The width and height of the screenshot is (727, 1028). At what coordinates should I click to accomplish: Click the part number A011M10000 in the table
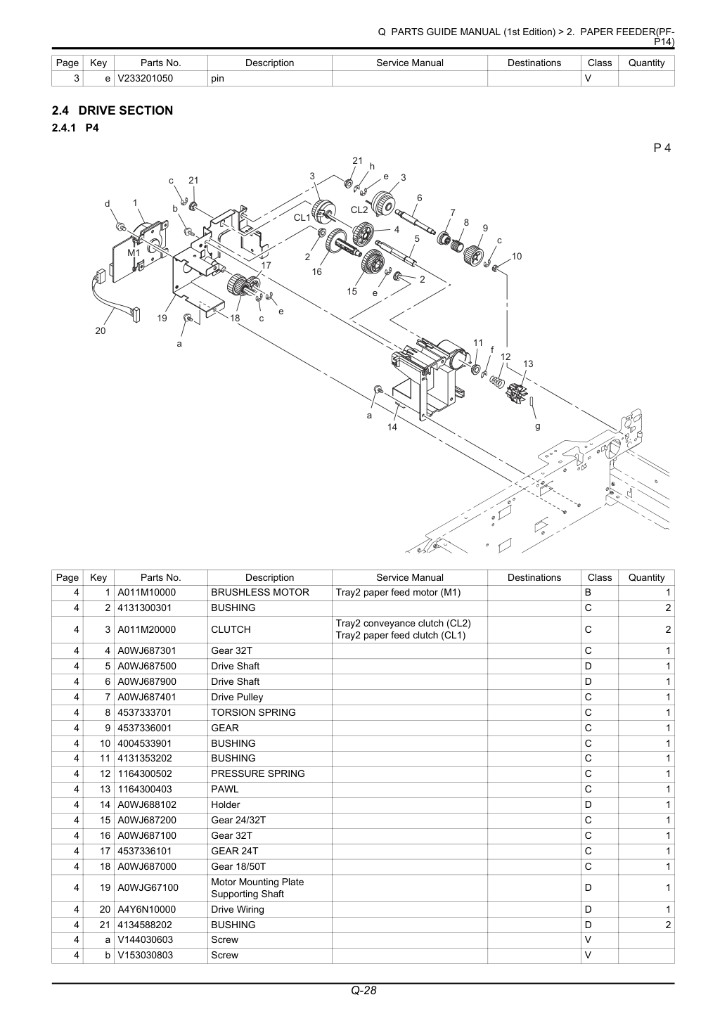coord(146,592)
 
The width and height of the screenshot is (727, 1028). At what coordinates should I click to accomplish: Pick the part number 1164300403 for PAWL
coord(145,789)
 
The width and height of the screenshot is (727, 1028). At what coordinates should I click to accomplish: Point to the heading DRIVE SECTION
coord(126,110)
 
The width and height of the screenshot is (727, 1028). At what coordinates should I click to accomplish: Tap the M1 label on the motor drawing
coord(134,253)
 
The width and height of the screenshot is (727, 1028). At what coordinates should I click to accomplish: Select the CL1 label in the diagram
coord(302,217)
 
